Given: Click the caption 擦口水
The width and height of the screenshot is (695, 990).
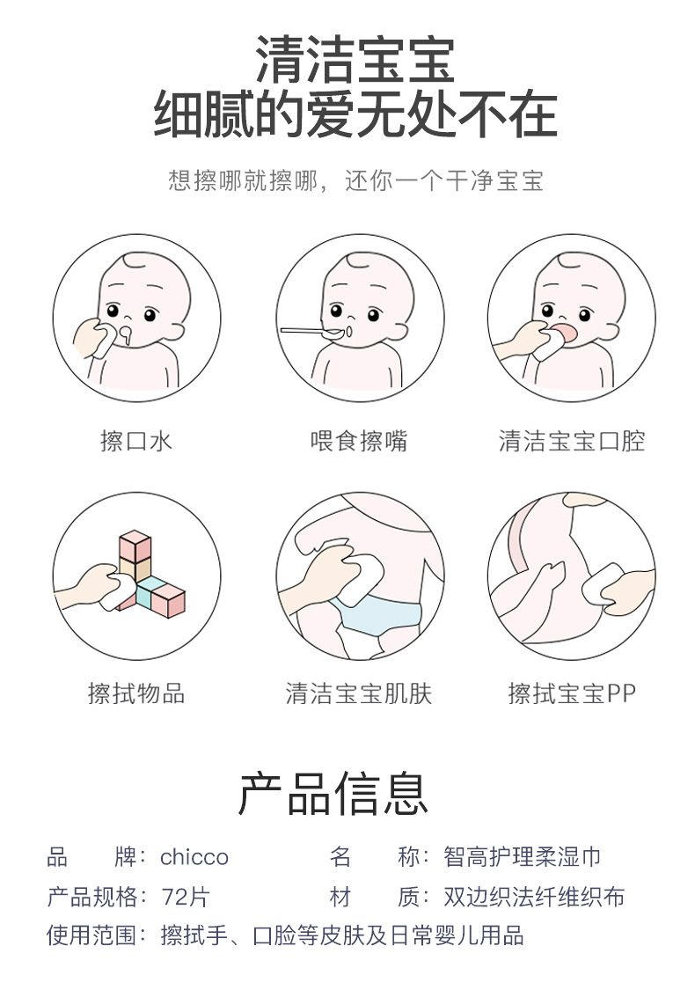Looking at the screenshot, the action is pos(136,441).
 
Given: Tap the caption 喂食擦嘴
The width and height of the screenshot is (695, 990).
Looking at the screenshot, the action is pos(359,441).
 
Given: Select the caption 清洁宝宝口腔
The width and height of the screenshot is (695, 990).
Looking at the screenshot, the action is pos(572,441).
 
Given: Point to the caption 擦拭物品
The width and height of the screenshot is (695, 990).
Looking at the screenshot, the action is pos(136,693).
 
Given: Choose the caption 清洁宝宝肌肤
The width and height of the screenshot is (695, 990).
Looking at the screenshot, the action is pos(359,693).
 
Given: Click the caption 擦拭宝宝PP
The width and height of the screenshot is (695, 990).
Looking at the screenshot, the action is pos(572,693).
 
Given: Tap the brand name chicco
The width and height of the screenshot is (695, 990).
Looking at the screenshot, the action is pos(194,857).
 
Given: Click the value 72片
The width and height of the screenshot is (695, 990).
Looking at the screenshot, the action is pos(185,897).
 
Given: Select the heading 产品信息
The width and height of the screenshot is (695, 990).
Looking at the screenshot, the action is pos(333,794).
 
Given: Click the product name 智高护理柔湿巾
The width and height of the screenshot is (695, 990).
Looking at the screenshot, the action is pos(522,857).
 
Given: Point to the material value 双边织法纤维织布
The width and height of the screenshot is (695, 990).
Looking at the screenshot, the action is pos(534,897).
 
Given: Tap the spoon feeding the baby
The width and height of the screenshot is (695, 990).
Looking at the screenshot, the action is pos(311,331).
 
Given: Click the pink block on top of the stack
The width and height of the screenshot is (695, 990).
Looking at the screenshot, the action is pos(135,546).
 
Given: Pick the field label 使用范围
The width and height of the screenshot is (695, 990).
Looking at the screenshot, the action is pos(92,935).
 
